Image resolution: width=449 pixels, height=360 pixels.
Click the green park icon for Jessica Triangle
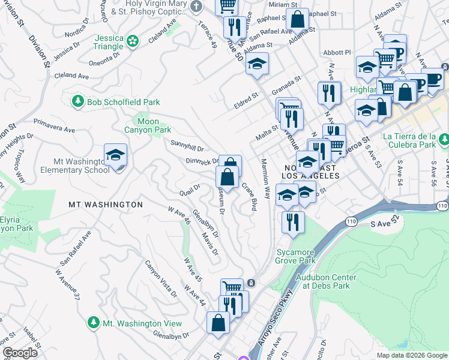[x=132, y=41]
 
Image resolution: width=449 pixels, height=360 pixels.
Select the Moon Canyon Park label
[x=148, y=125]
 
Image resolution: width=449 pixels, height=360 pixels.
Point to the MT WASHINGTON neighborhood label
[x=106, y=205]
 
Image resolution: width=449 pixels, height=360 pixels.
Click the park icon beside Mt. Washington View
[x=93, y=323]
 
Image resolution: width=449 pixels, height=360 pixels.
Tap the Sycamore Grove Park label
[x=295, y=256]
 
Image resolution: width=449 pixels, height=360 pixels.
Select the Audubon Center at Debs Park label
[x=326, y=281]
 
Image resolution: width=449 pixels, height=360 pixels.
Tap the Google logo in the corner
[x=20, y=353]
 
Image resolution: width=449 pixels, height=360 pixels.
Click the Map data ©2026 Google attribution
[x=412, y=355]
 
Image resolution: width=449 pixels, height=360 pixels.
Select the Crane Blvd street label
[x=249, y=196]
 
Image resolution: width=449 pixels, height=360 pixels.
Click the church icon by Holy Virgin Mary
[x=196, y=7]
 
